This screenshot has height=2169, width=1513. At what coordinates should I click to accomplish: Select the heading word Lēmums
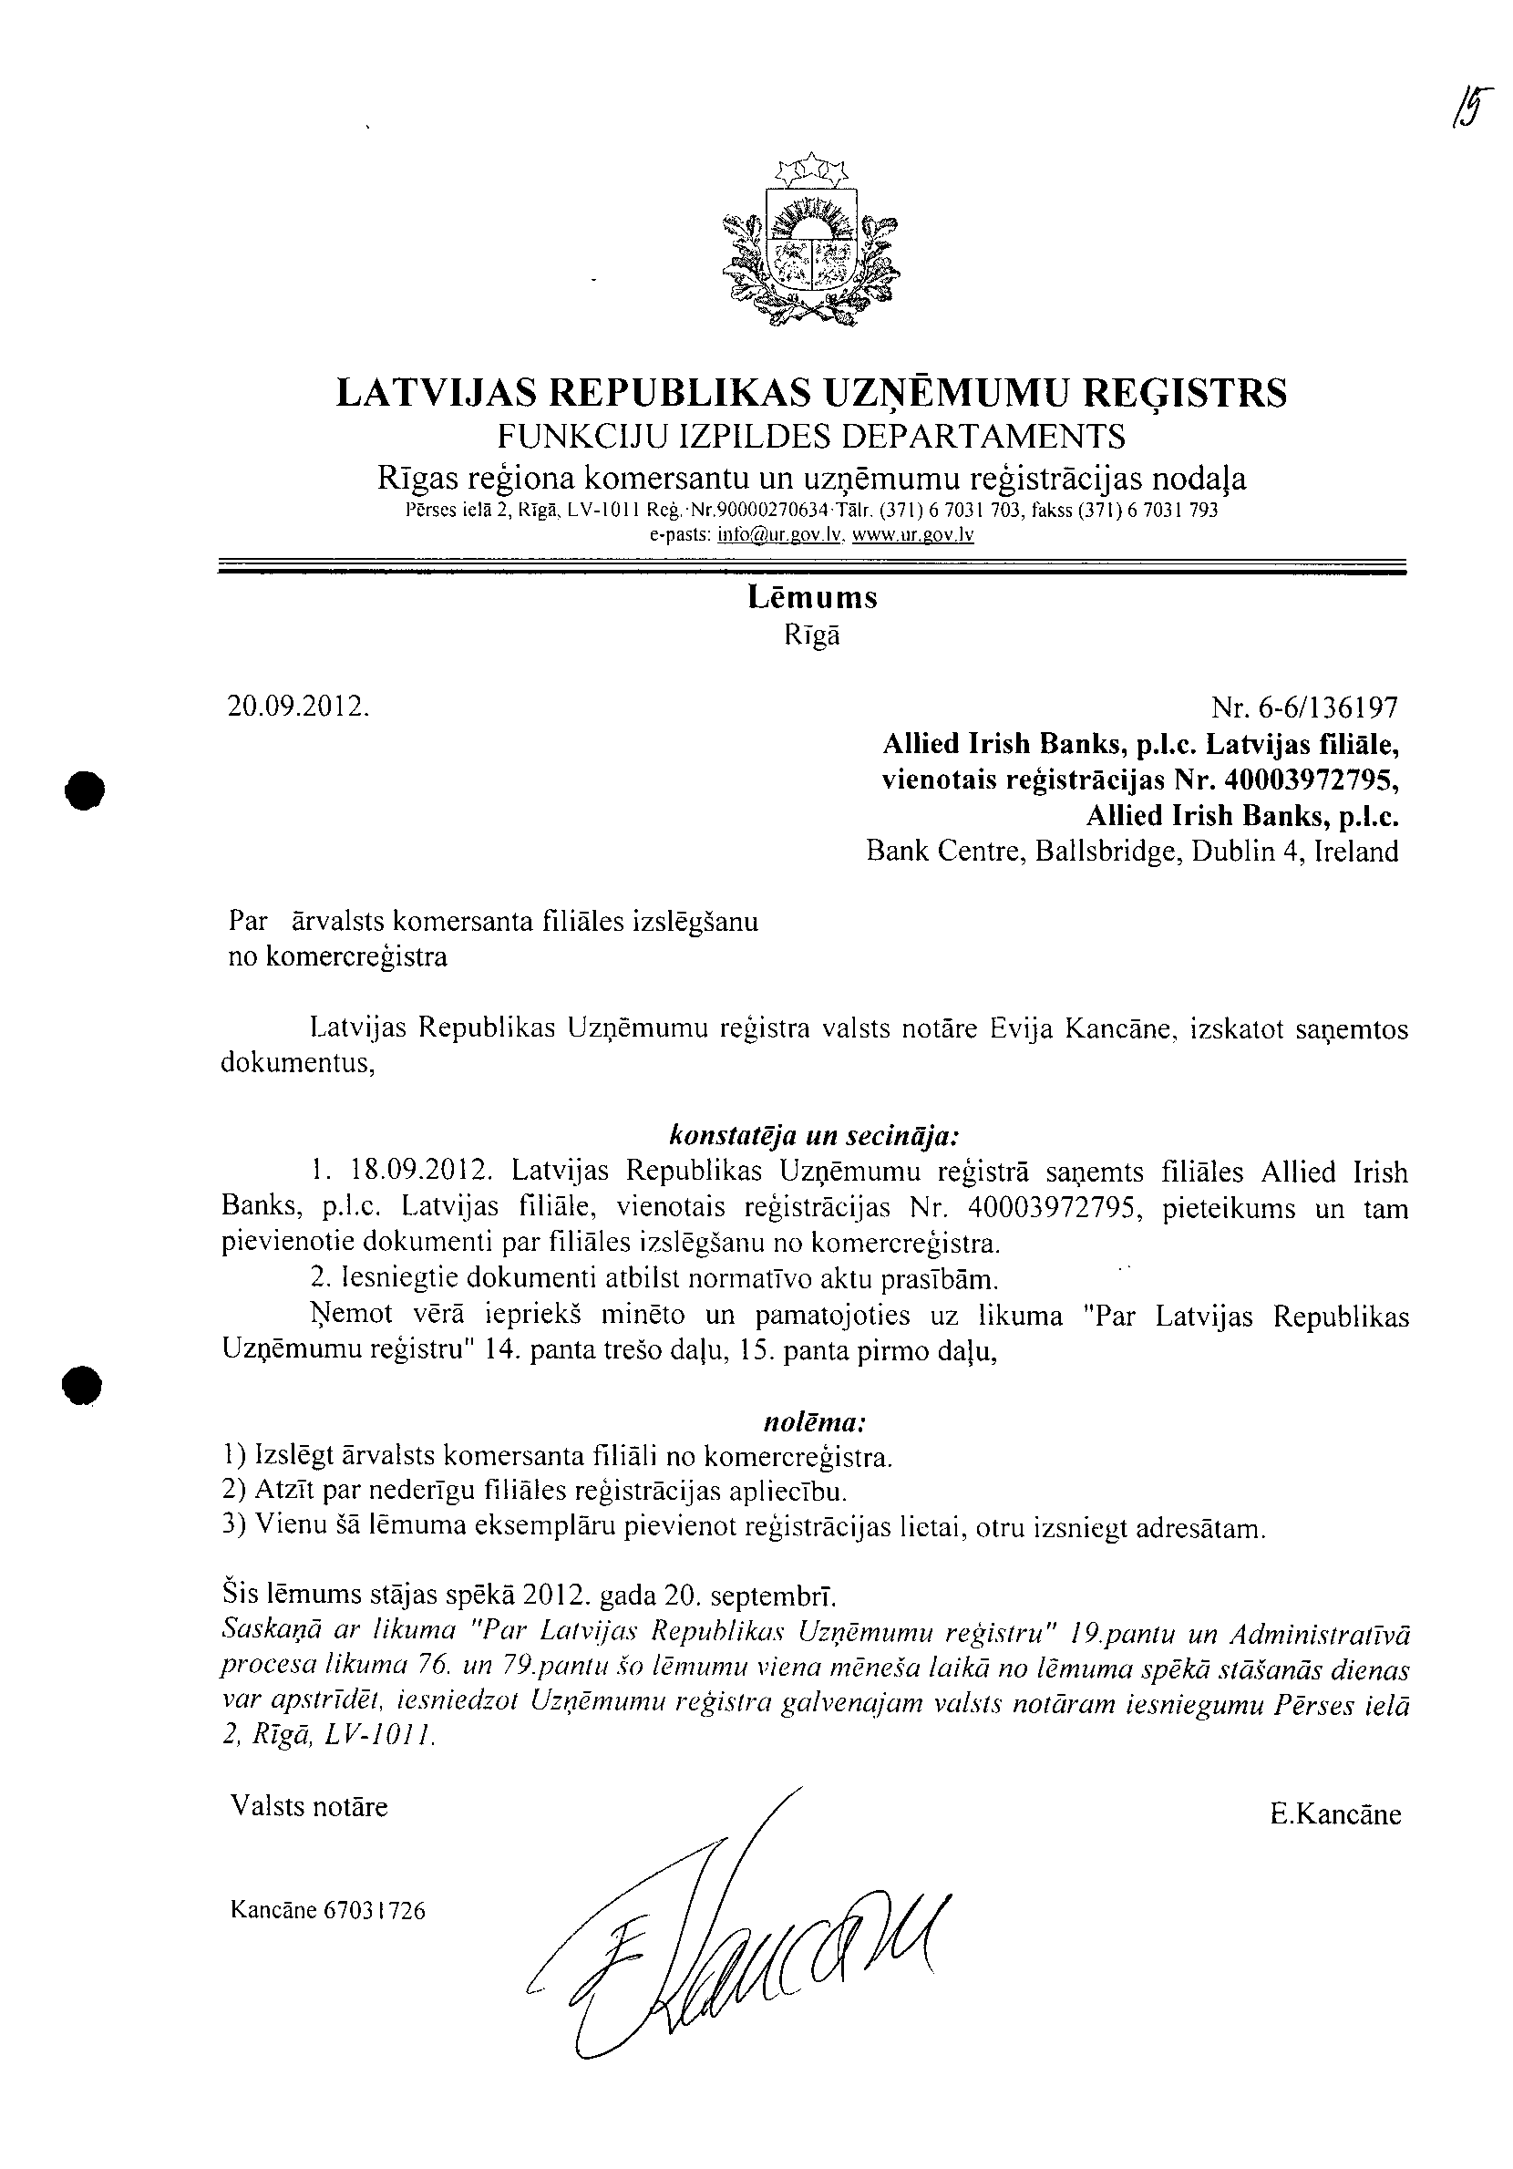(812, 598)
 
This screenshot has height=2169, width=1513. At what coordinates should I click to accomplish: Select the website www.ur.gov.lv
(912, 534)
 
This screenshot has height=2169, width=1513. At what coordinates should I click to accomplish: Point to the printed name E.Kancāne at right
(1335, 1813)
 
